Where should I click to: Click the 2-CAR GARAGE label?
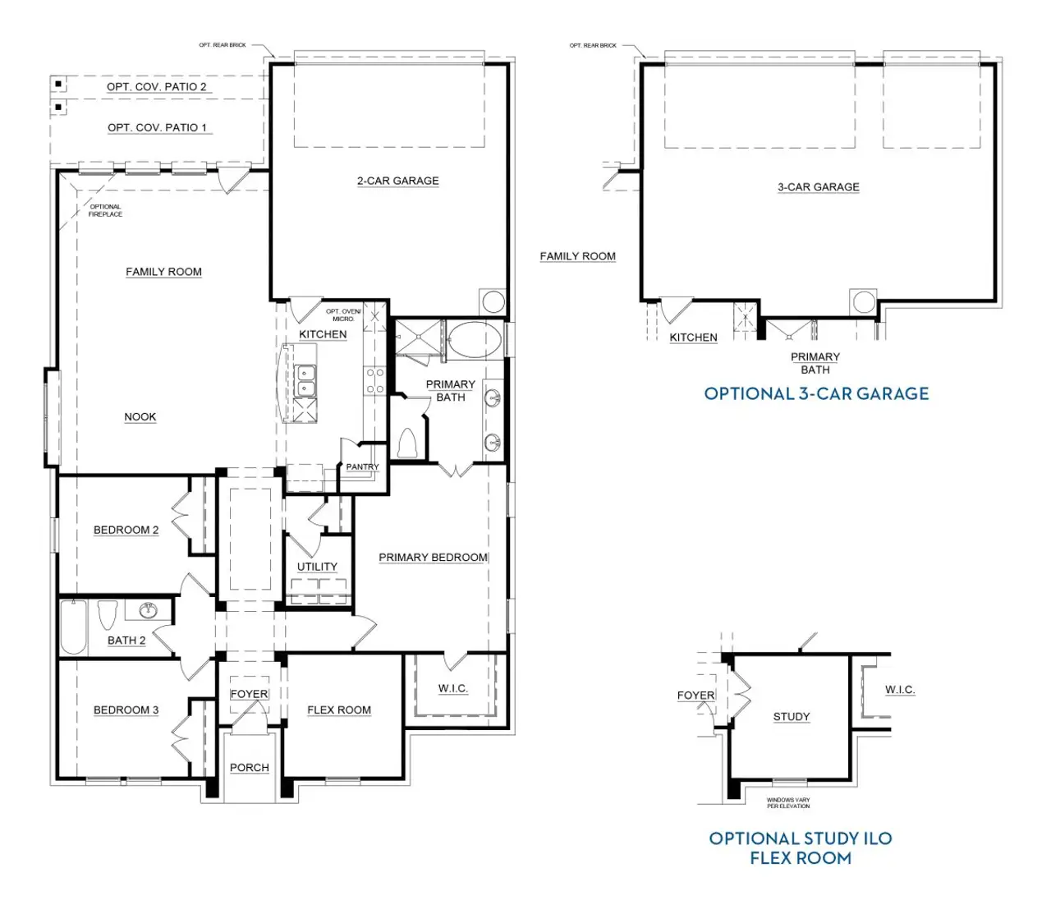coord(397,181)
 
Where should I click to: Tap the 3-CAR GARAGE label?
coord(818,187)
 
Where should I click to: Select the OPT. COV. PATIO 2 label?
coord(156,86)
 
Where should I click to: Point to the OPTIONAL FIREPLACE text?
coord(105,210)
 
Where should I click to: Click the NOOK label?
coord(140,417)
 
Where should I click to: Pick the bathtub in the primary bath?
coord(474,339)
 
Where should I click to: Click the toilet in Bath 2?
coord(108,615)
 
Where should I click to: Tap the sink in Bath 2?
coord(149,609)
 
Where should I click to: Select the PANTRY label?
coord(362,466)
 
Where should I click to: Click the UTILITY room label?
coord(317,567)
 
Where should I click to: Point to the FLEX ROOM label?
coord(339,710)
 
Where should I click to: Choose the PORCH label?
coord(249,768)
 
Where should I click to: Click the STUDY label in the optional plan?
coord(792,717)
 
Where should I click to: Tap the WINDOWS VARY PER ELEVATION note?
coord(788,803)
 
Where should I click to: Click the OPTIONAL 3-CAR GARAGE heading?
coord(816,393)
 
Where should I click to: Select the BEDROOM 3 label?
coord(126,710)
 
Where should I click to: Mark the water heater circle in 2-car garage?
coord(493,301)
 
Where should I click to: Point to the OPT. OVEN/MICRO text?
coord(343,315)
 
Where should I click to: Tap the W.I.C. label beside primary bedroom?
coord(452,688)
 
